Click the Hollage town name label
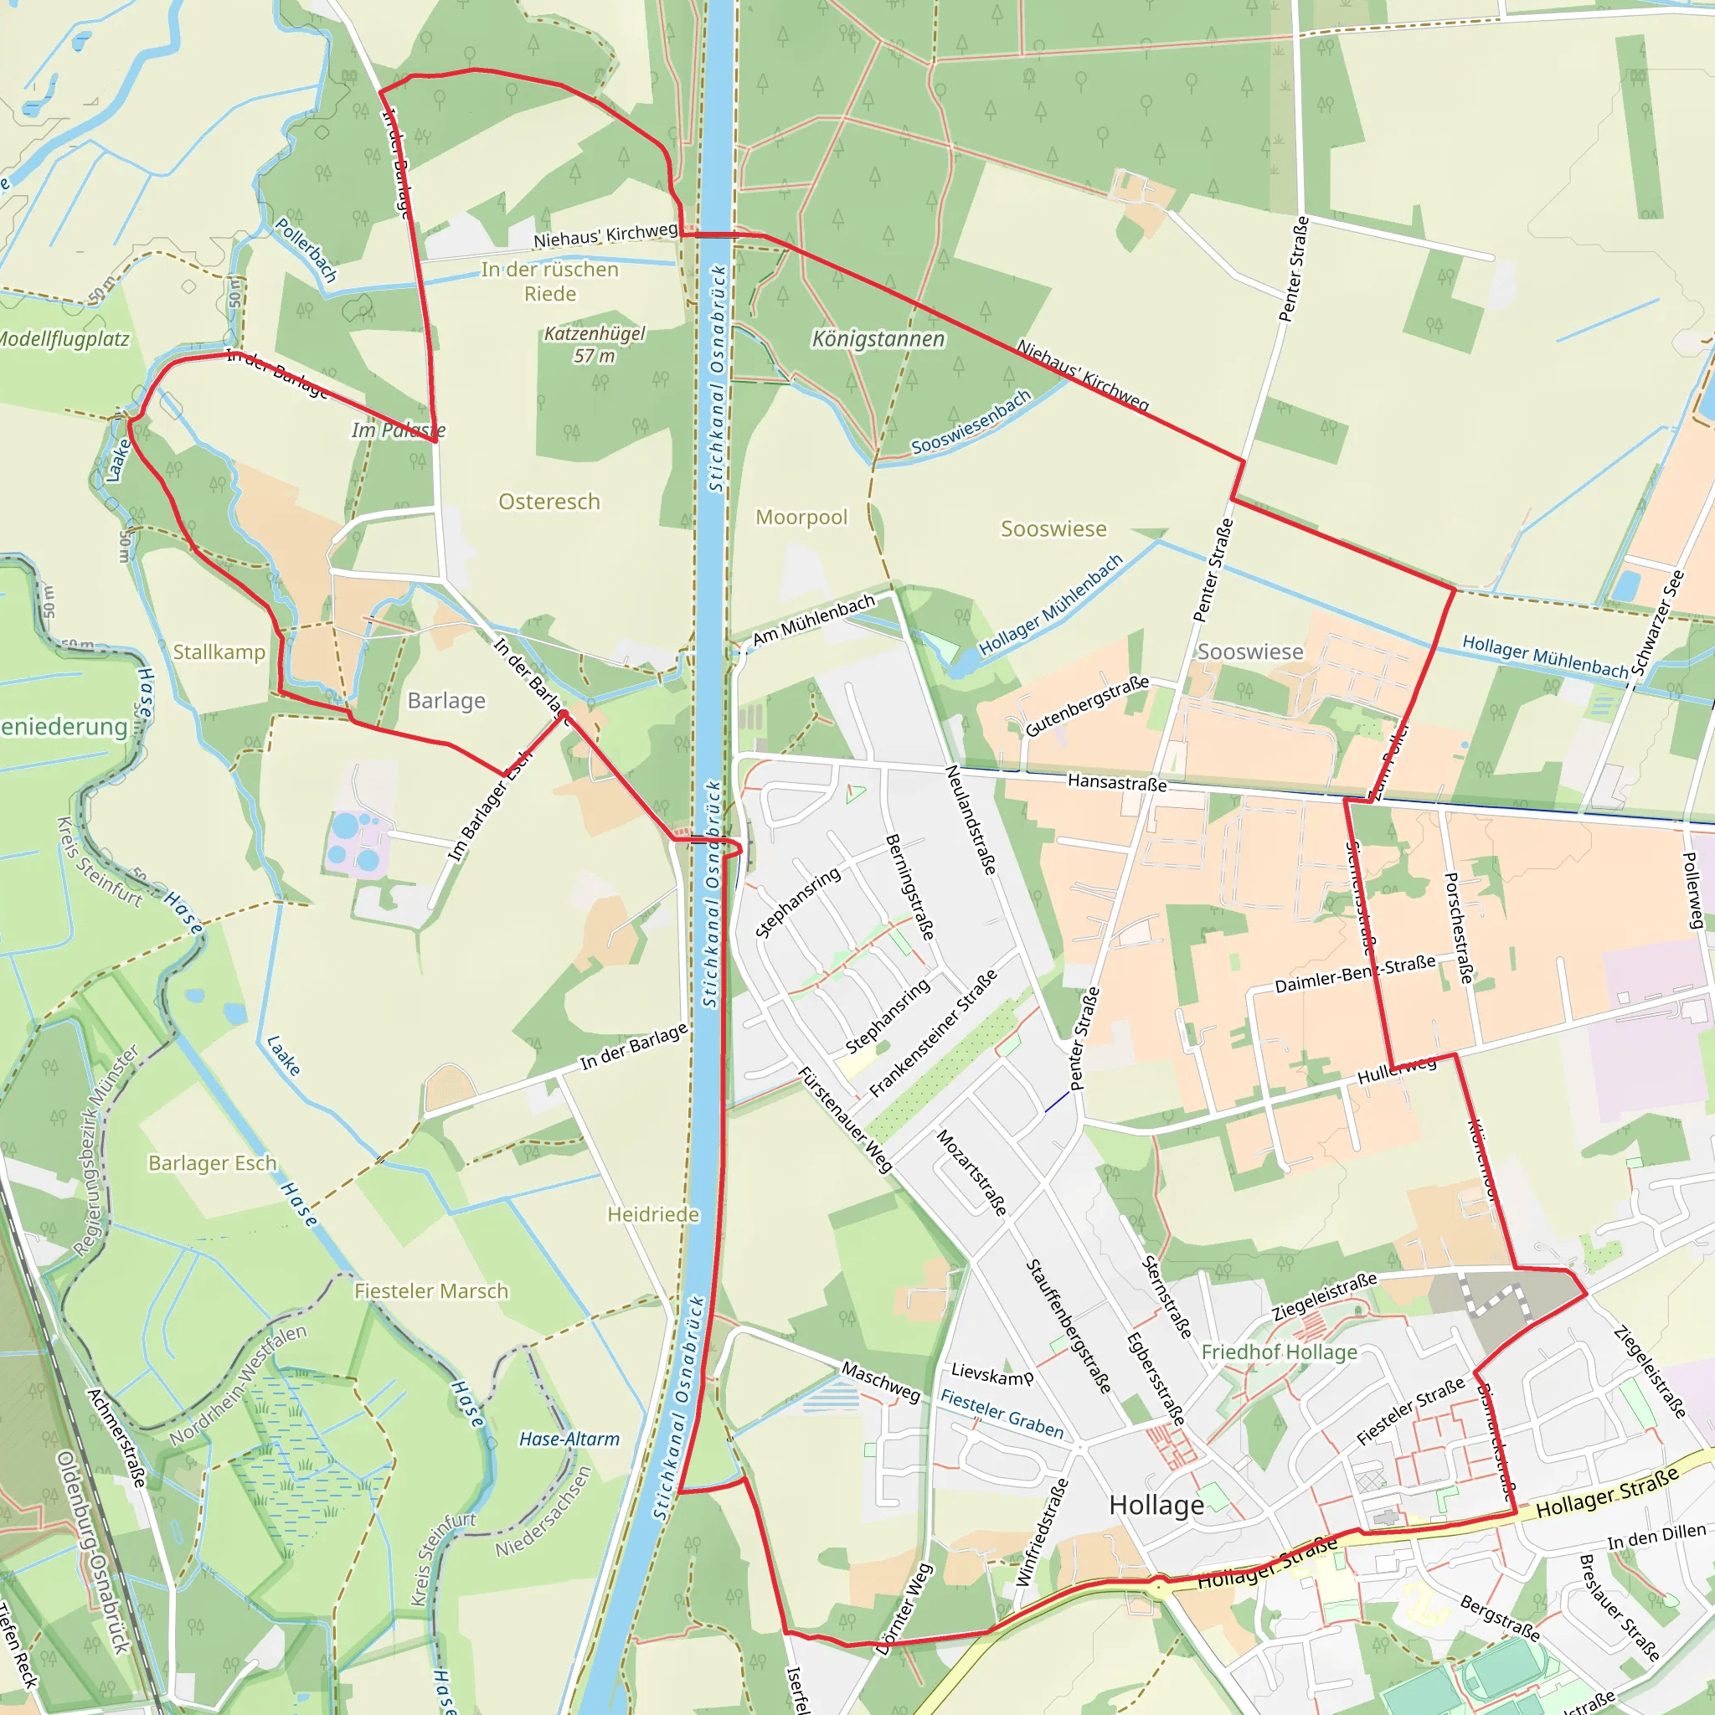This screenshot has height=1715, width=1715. [1156, 1506]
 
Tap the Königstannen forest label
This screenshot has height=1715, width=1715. [878, 339]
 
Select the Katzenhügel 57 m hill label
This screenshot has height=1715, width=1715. [594, 344]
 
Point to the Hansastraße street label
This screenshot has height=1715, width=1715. [1117, 782]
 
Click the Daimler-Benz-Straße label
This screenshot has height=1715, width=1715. [1355, 974]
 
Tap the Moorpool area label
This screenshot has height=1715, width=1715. [801, 517]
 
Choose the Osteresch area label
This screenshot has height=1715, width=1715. [548, 502]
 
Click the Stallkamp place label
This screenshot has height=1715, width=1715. [219, 651]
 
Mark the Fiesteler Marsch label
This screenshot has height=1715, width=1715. [431, 1290]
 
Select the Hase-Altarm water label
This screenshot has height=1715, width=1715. [569, 1439]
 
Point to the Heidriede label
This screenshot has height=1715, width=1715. [653, 1213]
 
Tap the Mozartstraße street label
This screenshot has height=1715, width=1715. [972, 1172]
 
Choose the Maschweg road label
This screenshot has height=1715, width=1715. [881, 1381]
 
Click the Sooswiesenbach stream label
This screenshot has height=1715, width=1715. [971, 422]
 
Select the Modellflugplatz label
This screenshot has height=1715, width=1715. [64, 339]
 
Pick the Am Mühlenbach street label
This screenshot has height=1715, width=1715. [813, 620]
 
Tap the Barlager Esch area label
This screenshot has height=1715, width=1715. [212, 1163]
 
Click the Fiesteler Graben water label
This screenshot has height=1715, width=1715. [1002, 1414]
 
